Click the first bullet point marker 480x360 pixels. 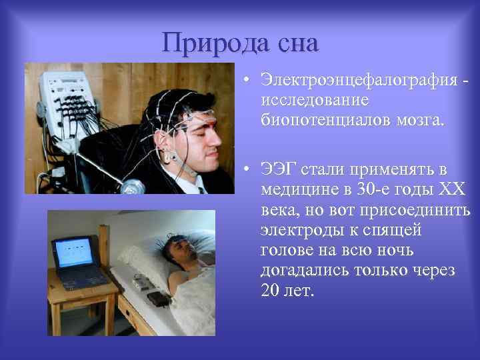point(247,81)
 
